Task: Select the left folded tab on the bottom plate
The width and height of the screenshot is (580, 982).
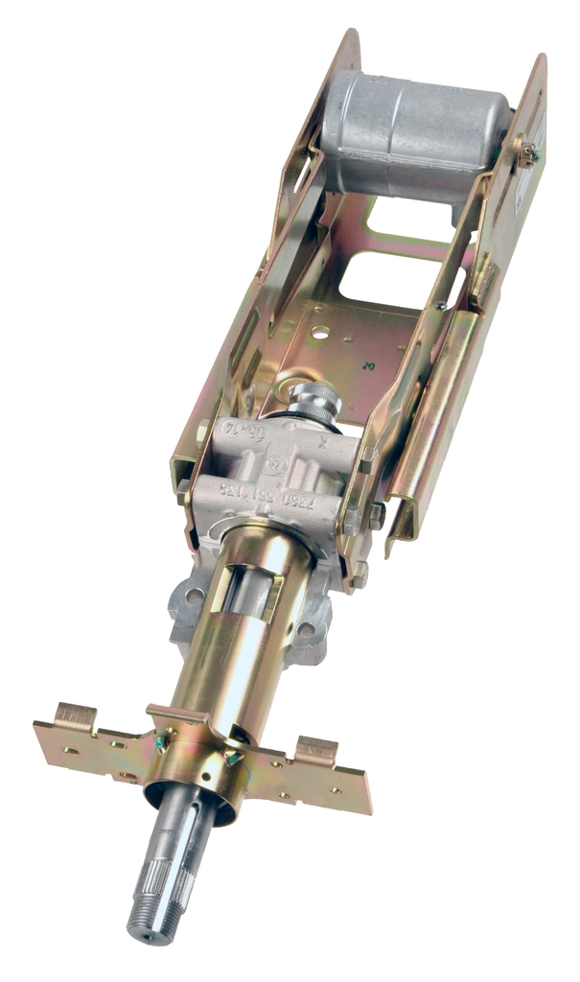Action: click(76, 714)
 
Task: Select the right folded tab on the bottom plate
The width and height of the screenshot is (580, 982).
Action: click(315, 749)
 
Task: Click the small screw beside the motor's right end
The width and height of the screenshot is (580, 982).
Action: click(525, 149)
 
